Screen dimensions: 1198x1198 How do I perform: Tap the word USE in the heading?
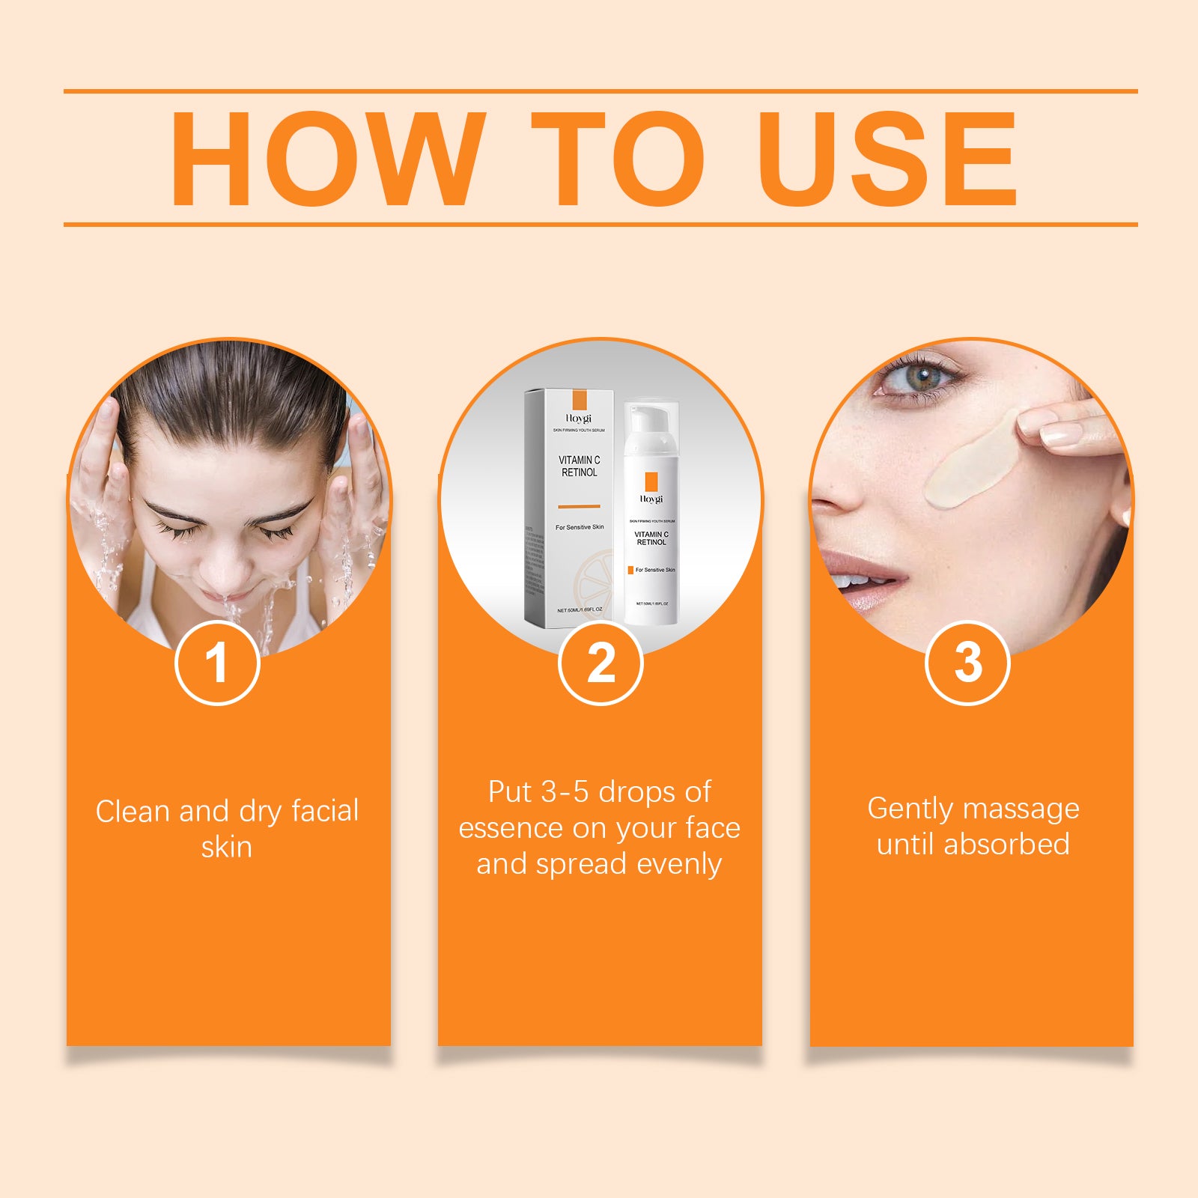tap(887, 159)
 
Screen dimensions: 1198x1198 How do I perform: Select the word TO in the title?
tap(618, 159)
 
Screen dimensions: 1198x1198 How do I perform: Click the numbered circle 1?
tap(217, 663)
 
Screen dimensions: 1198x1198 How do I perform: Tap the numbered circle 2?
tap(600, 663)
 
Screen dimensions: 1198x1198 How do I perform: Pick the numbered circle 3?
tap(967, 663)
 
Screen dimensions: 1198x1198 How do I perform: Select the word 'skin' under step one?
tap(226, 848)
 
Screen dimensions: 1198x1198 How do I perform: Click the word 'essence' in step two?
tap(511, 829)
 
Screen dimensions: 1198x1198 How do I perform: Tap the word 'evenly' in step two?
tap(678, 865)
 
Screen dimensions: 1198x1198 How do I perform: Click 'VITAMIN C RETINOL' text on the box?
tap(579, 466)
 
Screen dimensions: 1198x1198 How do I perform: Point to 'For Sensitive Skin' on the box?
tap(579, 527)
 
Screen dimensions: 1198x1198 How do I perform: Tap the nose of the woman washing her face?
tap(225, 577)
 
